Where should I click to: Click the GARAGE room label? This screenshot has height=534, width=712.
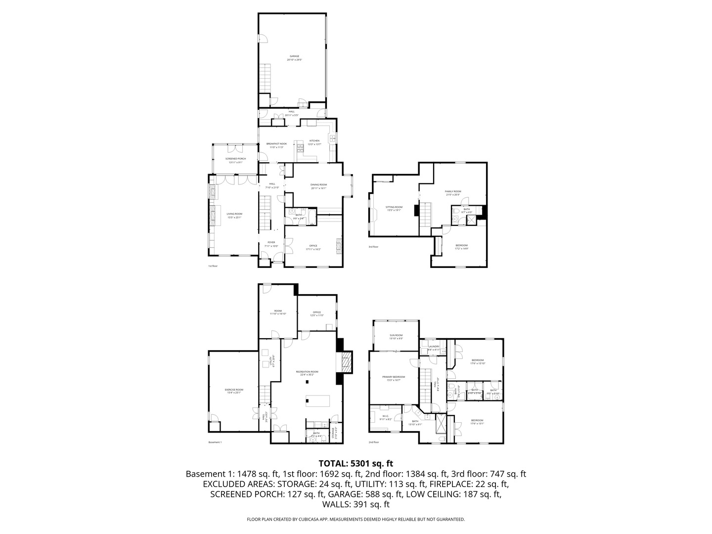click(294, 56)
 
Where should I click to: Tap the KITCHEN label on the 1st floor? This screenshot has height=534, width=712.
click(314, 141)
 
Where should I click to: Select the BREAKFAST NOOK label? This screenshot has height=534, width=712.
click(276, 144)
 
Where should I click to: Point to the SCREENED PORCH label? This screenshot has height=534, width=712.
click(235, 159)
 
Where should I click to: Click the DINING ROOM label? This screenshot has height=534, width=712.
click(318, 185)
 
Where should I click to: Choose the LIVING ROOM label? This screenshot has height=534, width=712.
click(234, 214)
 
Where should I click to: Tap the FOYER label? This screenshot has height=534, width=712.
click(271, 242)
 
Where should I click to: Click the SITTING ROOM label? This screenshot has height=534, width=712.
click(394, 207)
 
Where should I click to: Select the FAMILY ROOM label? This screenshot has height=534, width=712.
click(452, 191)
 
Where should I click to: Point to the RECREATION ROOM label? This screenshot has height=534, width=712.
click(307, 372)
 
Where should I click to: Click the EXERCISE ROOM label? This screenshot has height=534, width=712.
click(234, 390)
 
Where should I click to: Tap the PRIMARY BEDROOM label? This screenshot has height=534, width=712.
click(394, 377)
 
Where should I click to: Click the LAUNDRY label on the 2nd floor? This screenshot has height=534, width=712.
click(434, 347)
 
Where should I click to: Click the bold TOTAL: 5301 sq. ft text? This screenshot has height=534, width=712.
click(356, 463)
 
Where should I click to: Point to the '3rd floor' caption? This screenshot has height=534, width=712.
click(373, 247)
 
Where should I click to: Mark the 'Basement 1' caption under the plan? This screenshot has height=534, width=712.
click(215, 442)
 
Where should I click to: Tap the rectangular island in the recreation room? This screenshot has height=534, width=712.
click(317, 401)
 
